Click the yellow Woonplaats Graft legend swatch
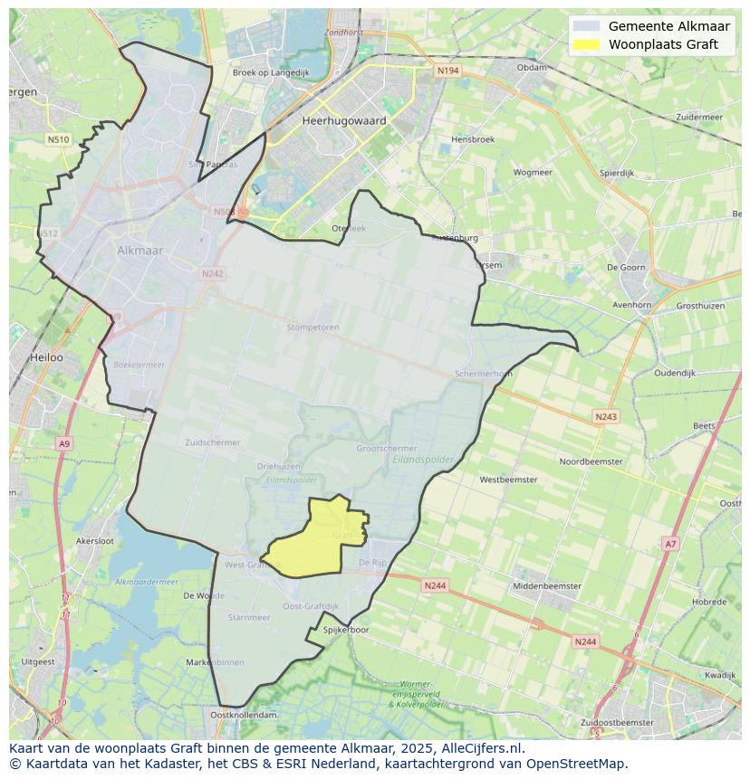pos(587,44)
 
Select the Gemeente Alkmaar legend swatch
pos(587,26)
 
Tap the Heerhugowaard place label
pos(344,120)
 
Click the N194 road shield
pos(447,71)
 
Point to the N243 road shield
pos(606,416)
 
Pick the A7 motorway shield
pos(669,544)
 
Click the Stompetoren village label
pos(312,327)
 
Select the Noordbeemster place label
pos(591,461)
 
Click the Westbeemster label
pos(508,480)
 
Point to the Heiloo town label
pos(46,357)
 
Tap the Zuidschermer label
pos(212,442)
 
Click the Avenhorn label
pos(631,305)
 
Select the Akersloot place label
pos(95,540)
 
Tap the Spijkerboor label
pos(346,630)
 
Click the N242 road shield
pos(212,273)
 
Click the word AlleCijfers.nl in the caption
pos(482,749)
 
